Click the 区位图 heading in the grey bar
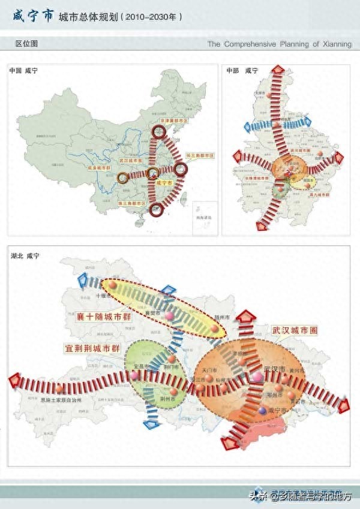(x=26, y=44)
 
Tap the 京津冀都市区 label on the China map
(x=173, y=121)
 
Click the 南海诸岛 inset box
(x=201, y=218)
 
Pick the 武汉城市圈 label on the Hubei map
(x=296, y=330)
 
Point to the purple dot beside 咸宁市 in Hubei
(x=263, y=410)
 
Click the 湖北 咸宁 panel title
(x=25, y=256)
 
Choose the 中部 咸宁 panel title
(x=242, y=71)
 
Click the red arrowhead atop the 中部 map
(x=278, y=71)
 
